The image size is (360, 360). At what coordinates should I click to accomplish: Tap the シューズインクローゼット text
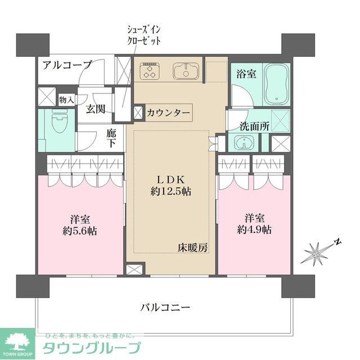(x=143, y=35)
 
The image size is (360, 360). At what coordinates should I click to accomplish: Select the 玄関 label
(x=96, y=109)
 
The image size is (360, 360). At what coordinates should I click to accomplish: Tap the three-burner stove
(x=150, y=70)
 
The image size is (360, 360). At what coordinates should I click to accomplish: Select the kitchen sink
(x=183, y=71)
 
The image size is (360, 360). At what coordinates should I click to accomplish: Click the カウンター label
(x=168, y=112)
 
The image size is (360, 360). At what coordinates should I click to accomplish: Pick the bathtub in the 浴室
(x=275, y=84)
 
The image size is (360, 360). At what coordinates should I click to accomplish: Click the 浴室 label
(x=245, y=74)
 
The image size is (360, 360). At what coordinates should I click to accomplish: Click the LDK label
(x=170, y=179)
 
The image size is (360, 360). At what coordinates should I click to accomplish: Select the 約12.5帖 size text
(x=170, y=191)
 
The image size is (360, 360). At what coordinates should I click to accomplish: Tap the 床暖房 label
(x=192, y=247)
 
